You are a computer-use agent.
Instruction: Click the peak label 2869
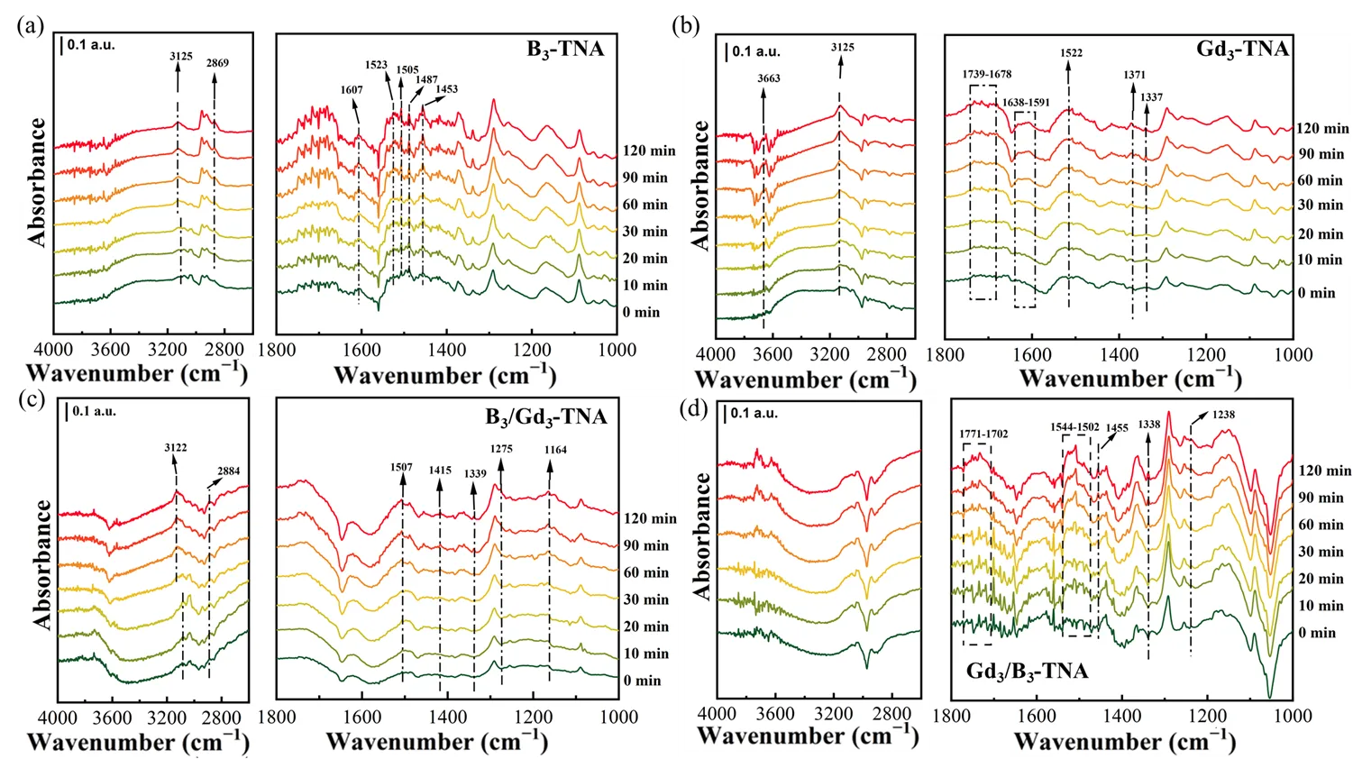[217, 64]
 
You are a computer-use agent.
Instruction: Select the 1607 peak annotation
[352, 89]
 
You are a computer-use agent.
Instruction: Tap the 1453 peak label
[446, 89]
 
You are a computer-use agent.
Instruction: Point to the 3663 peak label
[769, 78]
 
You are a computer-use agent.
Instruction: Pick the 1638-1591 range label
[1026, 103]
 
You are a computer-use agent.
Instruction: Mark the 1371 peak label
[1135, 75]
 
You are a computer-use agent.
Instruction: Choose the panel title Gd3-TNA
[1242, 49]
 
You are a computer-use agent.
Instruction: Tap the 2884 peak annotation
[228, 471]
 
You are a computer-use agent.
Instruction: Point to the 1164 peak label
[555, 450]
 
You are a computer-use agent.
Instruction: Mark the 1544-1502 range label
[1075, 426]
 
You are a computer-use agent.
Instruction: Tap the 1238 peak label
[1224, 416]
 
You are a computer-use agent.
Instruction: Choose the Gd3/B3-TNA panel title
[1027, 672]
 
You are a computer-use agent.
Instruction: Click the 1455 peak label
[1117, 429]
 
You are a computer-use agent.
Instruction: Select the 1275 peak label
[501, 448]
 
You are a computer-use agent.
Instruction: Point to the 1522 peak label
[1072, 53]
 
